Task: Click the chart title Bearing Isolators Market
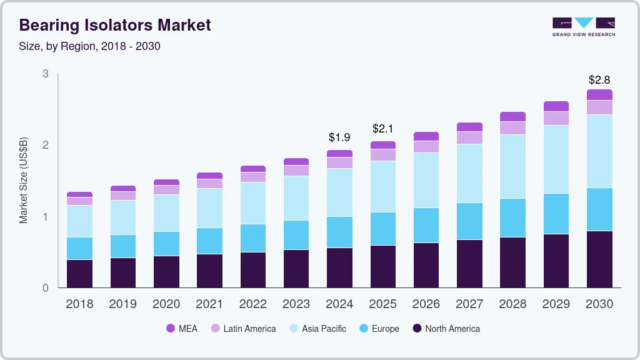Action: coord(115,25)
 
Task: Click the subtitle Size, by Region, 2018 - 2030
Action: coord(90,46)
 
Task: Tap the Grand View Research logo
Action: coord(583,26)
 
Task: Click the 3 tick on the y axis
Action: coord(45,74)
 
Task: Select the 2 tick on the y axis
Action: coord(45,145)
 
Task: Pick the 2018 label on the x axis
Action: coord(79,304)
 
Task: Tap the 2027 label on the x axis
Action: coord(469,304)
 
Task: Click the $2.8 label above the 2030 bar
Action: coord(599,80)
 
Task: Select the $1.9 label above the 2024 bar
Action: coord(339,137)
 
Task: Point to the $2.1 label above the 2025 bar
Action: coord(383,129)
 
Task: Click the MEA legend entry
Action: coord(181,329)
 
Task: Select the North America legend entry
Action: coord(445,329)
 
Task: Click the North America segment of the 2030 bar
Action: coord(599,259)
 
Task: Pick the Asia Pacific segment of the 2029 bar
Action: coord(556,159)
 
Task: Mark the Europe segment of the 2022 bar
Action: coord(253,238)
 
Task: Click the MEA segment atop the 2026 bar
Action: coord(426,136)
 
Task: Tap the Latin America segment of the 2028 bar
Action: coord(512,128)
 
